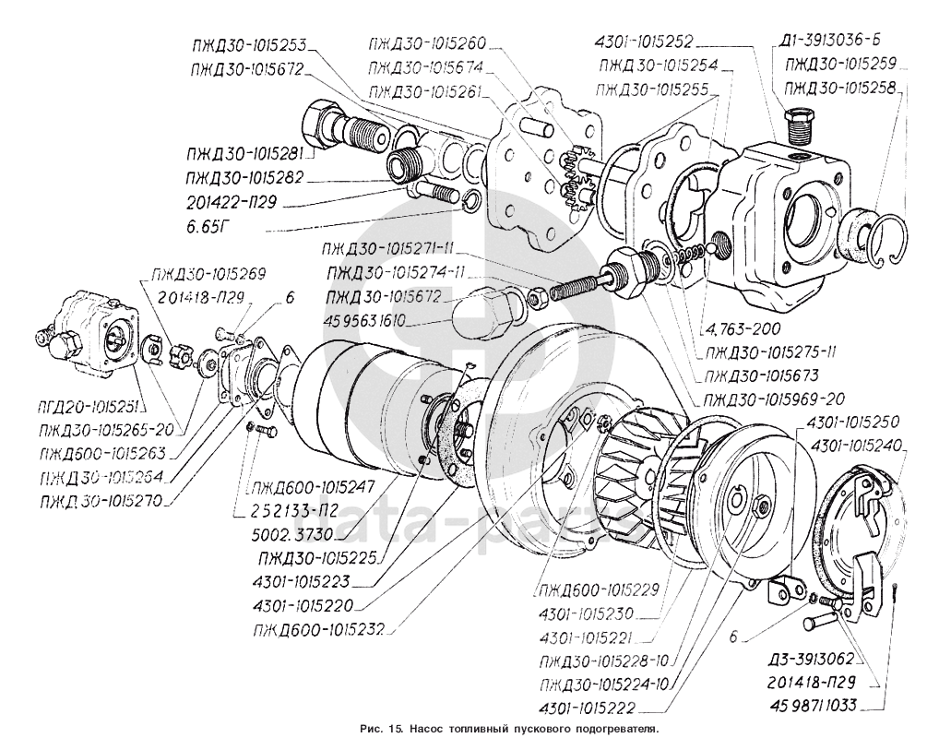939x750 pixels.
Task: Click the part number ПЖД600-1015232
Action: click(319, 630)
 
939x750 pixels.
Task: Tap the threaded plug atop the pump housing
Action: click(798, 125)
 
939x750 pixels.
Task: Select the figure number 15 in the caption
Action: click(394, 729)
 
